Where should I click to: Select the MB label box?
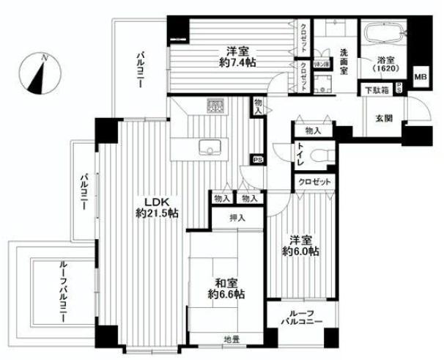tap(420, 75)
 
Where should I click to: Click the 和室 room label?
tap(225, 282)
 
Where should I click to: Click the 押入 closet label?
tap(237, 218)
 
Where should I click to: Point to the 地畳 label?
tap(232, 339)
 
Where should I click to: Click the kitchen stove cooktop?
tap(215, 108)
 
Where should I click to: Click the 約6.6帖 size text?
tap(225, 294)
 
